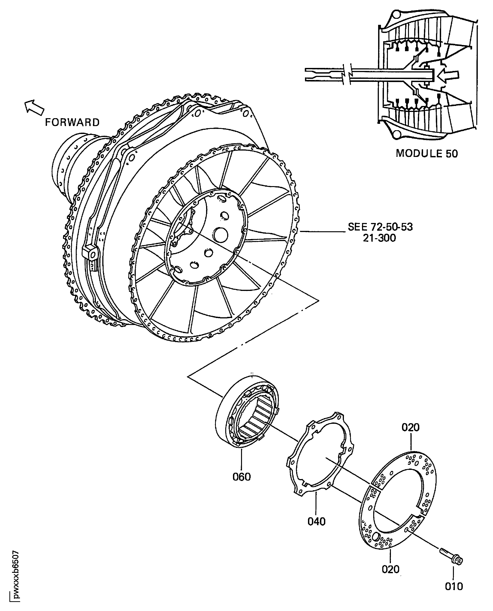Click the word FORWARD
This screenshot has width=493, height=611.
72,123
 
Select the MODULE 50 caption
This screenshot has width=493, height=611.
427,154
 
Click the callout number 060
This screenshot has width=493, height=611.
241,477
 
